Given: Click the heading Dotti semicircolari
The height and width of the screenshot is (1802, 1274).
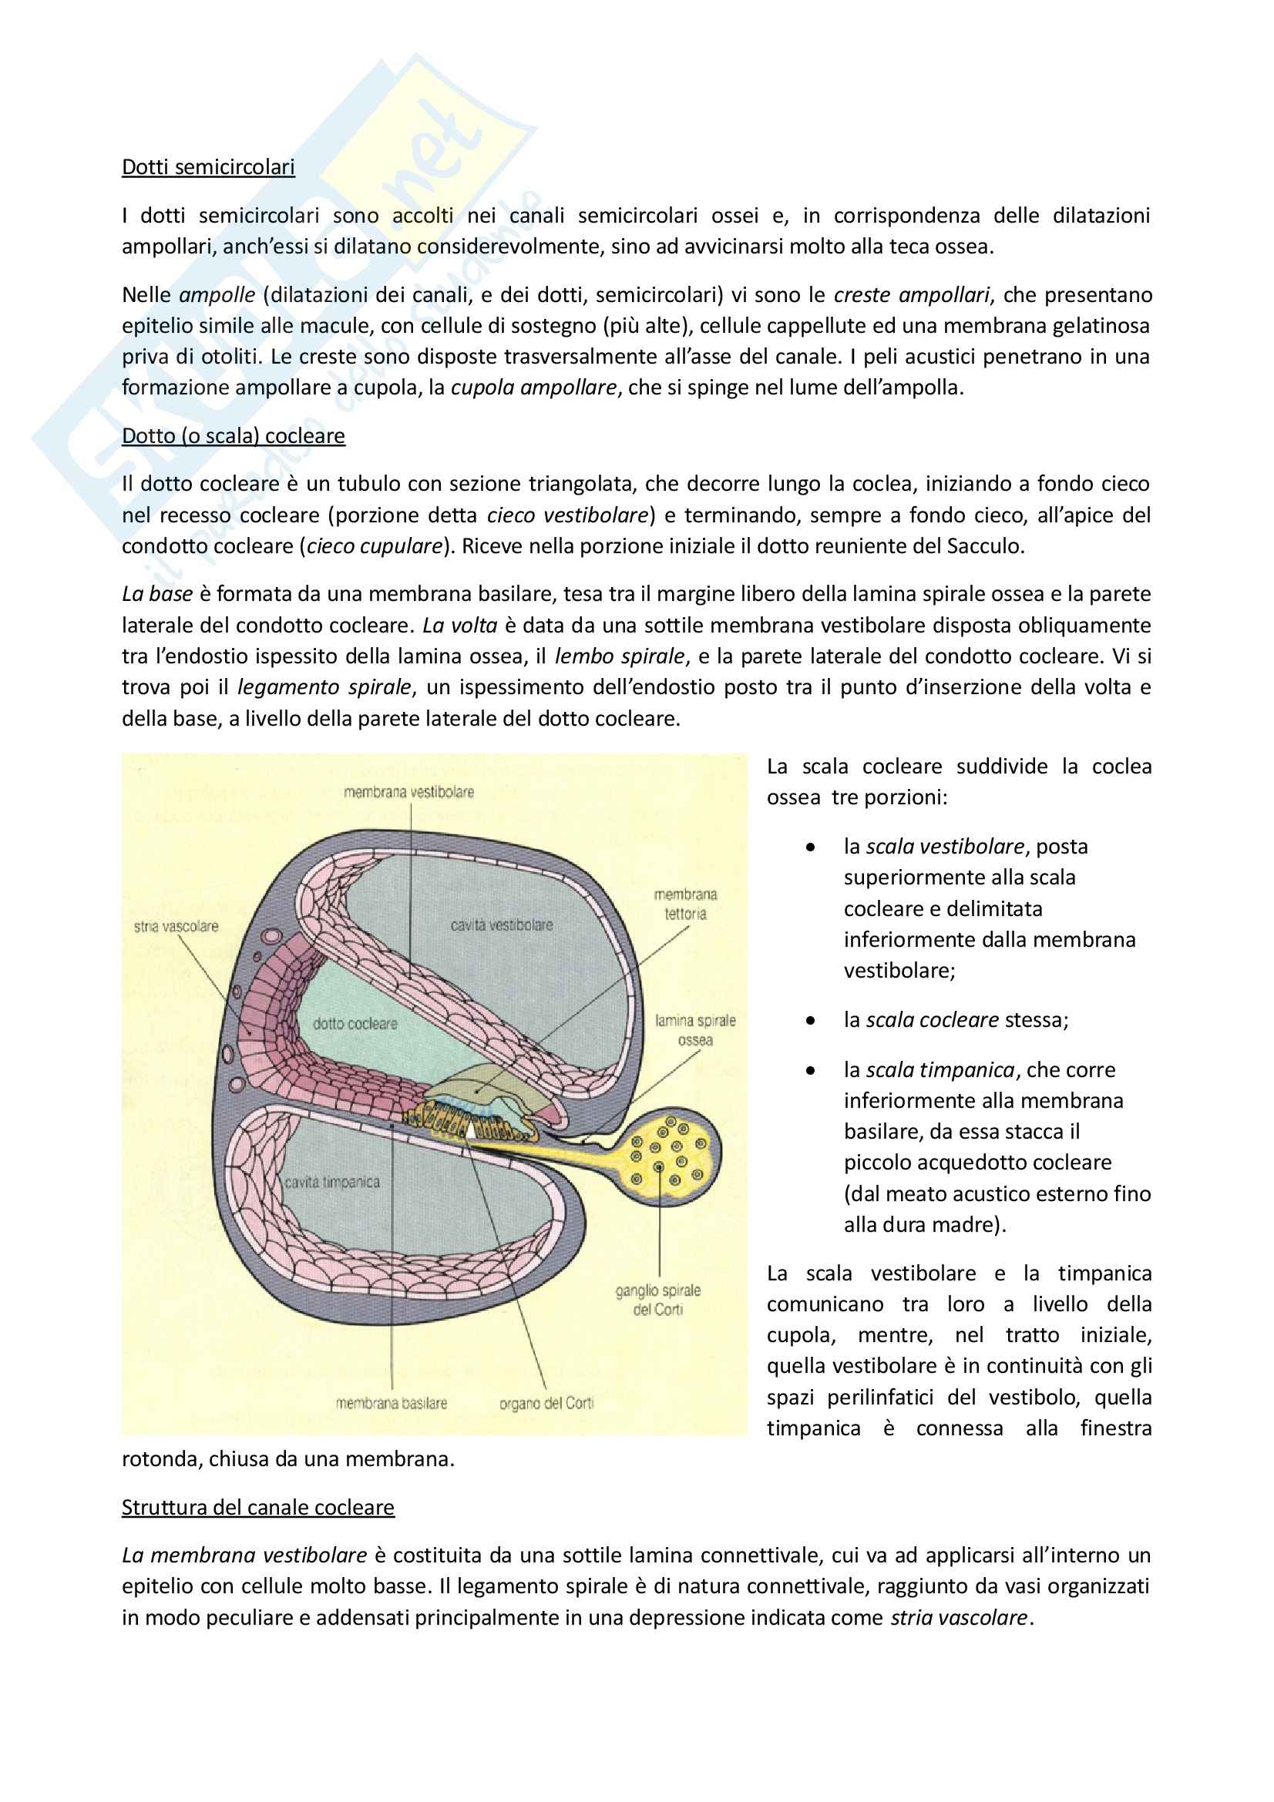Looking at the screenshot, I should pos(208,167).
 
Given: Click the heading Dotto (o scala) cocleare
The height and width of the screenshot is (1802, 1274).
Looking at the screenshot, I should pos(233,435).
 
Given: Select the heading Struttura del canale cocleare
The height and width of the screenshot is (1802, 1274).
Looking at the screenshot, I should pos(257,1507).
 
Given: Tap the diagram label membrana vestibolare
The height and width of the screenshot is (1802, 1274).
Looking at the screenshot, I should pos(408,792).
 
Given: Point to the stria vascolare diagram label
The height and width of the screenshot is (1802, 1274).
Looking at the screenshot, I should pos(176,926).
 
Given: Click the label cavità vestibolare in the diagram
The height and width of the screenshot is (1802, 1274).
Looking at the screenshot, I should pos(502,925).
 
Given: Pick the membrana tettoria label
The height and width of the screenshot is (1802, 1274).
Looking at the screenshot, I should pos(685,904).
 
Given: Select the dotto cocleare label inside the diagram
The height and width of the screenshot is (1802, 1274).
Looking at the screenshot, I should pos(355,1023).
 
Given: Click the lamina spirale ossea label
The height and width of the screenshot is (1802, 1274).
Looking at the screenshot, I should pos(695,1030).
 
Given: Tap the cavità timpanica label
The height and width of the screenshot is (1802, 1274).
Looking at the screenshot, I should pos(332,1182).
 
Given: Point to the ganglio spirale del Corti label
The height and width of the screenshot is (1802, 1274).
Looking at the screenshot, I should pos(657,1300).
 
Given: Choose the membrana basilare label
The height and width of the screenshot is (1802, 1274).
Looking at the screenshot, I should pos(391,1402).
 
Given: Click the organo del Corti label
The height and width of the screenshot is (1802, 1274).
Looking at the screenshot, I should pos(546,1402).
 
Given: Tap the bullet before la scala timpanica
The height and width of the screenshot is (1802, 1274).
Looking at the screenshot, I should pos(810,1071).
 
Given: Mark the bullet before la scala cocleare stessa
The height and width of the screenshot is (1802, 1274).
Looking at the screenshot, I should pos(810,1020).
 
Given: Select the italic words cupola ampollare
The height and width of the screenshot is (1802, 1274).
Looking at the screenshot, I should pos(533,388).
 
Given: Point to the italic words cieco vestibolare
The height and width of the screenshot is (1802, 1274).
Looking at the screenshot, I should pos(567,515).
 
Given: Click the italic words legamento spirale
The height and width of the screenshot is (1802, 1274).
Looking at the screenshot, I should pos(324,687).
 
